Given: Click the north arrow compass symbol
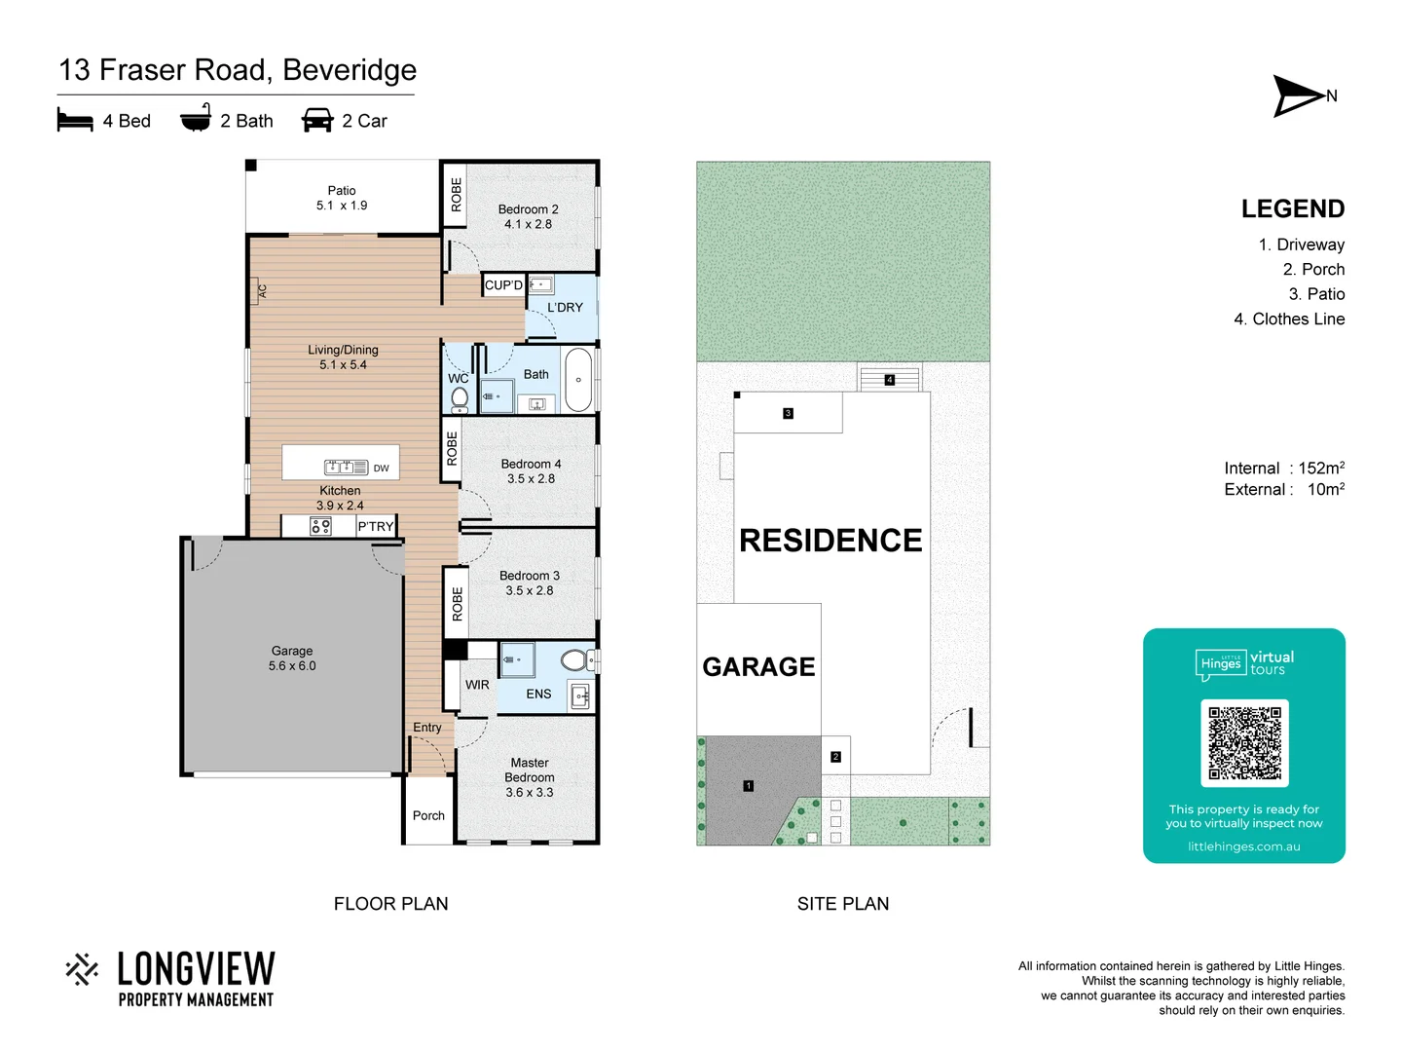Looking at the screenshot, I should tap(1299, 95).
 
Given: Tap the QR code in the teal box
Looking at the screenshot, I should tap(1244, 742).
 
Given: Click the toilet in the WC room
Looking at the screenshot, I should tap(460, 397).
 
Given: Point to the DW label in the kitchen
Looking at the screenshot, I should tap(381, 469).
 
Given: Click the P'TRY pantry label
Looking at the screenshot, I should tap(375, 527).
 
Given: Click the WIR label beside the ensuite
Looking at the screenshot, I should tap(477, 685).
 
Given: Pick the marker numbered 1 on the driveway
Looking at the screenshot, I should tap(748, 786).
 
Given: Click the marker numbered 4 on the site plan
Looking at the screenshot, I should tap(889, 380).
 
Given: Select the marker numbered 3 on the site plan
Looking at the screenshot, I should tap(788, 413).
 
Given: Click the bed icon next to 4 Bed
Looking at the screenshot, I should tap(75, 121).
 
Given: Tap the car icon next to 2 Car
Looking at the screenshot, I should tap(317, 121).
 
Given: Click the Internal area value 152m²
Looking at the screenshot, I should tap(1320, 469).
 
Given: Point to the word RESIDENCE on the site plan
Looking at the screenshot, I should tap(830, 541).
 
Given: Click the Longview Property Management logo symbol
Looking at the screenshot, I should tap(82, 969).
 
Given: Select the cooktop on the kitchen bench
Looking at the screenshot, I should tap(320, 527).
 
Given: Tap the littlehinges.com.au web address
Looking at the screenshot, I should tap(1243, 846).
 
